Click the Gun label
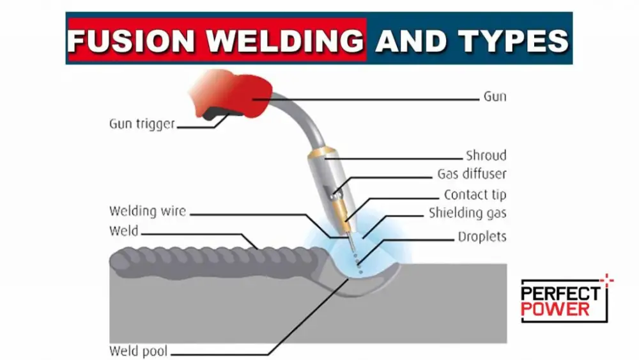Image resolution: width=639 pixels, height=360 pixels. coord(495,97)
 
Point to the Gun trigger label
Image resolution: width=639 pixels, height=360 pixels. coord(142,124)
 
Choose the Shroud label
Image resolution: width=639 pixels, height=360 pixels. coord(486,155)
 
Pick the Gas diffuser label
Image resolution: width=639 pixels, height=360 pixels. coord(472,174)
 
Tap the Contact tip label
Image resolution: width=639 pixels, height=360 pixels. coord(475,194)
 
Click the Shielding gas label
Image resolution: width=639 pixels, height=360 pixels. coord(468,213)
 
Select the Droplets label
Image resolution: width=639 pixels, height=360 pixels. coord(482,237)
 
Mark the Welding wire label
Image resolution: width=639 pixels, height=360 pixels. coord(148,210)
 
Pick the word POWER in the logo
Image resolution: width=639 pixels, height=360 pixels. coord(555,309)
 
